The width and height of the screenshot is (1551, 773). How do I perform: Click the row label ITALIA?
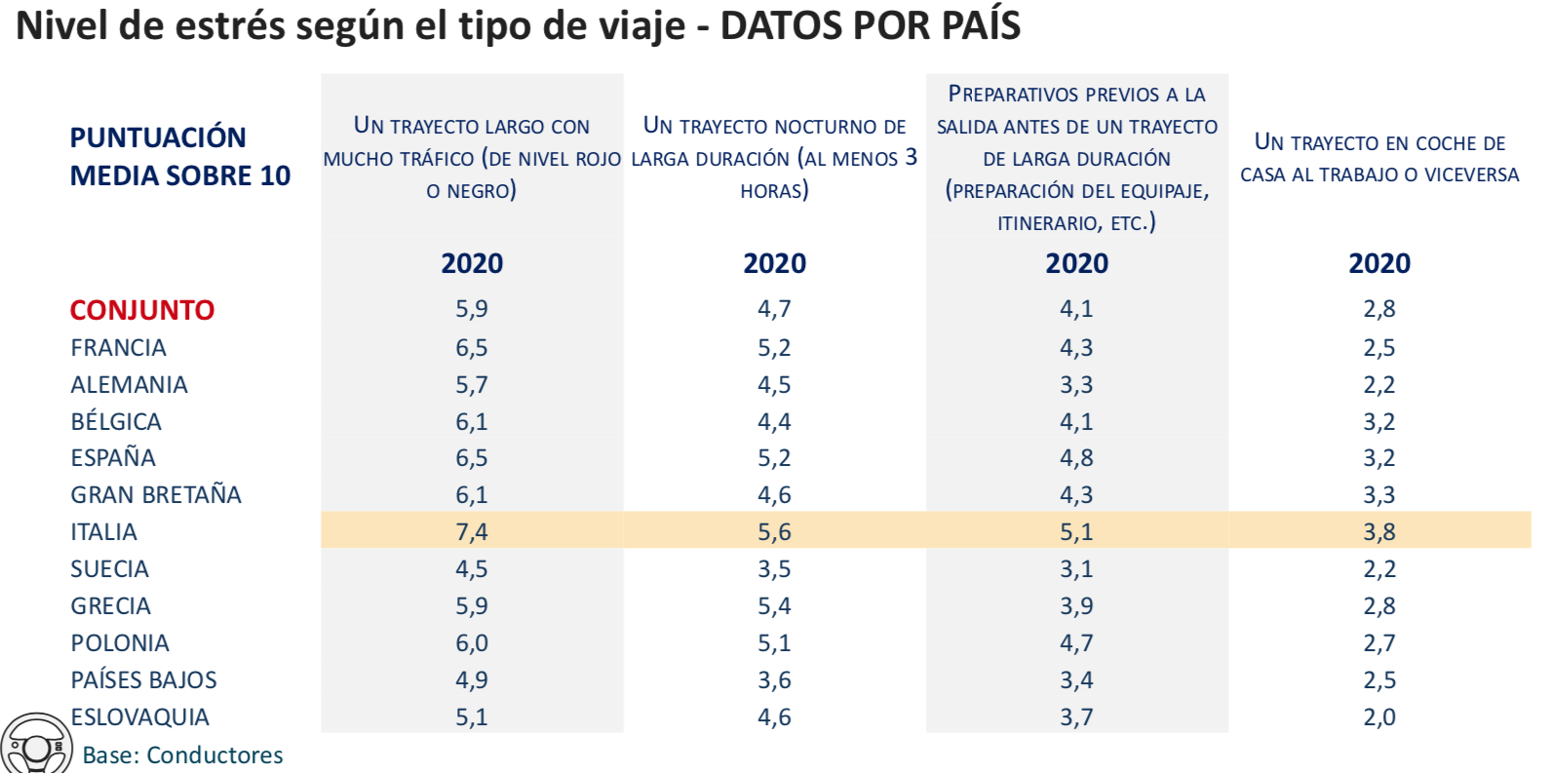pos(103,532)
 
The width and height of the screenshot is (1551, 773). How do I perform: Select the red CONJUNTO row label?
pos(142,310)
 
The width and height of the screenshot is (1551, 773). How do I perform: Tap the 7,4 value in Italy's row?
pos(472,532)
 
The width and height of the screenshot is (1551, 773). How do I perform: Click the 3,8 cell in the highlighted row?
pos(1378,532)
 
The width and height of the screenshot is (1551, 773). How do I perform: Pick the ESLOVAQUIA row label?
pos(140,717)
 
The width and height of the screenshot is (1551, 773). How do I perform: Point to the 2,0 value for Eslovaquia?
pos(1378,717)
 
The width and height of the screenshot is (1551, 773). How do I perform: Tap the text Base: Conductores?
pos(182,755)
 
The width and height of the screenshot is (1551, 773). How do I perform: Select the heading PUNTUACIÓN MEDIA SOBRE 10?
pos(179,156)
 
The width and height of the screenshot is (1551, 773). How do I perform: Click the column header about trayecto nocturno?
pos(774,158)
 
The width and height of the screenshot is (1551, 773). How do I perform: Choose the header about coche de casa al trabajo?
pos(1378,158)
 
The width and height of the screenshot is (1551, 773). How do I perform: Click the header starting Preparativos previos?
pos(1076,158)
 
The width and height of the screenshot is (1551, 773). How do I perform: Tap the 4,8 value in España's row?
pos(1076,458)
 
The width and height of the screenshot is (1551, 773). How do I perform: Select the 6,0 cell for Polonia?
pos(472,643)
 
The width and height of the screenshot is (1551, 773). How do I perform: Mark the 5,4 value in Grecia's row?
pos(774,606)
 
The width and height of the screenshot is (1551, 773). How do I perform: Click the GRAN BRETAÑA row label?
pos(156,495)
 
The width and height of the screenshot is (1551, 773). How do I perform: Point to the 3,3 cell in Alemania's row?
pos(1076,385)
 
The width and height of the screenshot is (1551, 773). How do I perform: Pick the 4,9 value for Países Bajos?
pos(472,680)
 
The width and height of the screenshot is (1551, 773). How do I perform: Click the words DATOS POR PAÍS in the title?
pos(870,25)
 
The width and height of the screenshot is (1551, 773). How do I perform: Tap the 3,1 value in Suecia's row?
pos(1076,569)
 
